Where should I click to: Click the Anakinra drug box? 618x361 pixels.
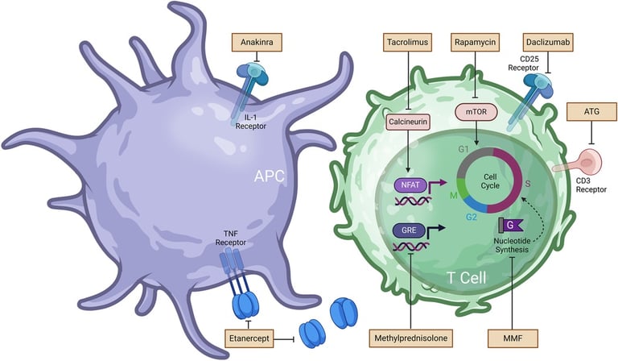point(257,42)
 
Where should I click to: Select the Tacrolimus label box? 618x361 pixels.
point(407,42)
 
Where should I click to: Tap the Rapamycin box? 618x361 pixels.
point(475,42)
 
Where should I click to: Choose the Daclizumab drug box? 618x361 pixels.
point(548,42)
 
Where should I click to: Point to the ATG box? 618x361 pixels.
point(591,112)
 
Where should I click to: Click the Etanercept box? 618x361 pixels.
point(249,338)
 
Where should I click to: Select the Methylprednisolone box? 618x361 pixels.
point(410,338)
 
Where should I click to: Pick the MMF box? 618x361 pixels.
point(513,338)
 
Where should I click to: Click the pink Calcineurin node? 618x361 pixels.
point(408,122)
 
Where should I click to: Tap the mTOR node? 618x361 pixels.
point(476,112)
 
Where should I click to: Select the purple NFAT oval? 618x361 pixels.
point(410,185)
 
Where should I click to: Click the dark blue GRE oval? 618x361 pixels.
point(409,230)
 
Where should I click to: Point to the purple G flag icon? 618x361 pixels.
point(510,225)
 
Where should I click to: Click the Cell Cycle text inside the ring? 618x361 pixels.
point(490,181)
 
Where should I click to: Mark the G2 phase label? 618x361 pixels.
point(472,217)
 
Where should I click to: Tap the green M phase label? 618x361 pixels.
point(453,195)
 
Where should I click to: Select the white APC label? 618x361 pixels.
point(270,176)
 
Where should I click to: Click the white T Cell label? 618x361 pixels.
point(467,278)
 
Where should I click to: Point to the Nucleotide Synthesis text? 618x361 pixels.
point(512,245)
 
